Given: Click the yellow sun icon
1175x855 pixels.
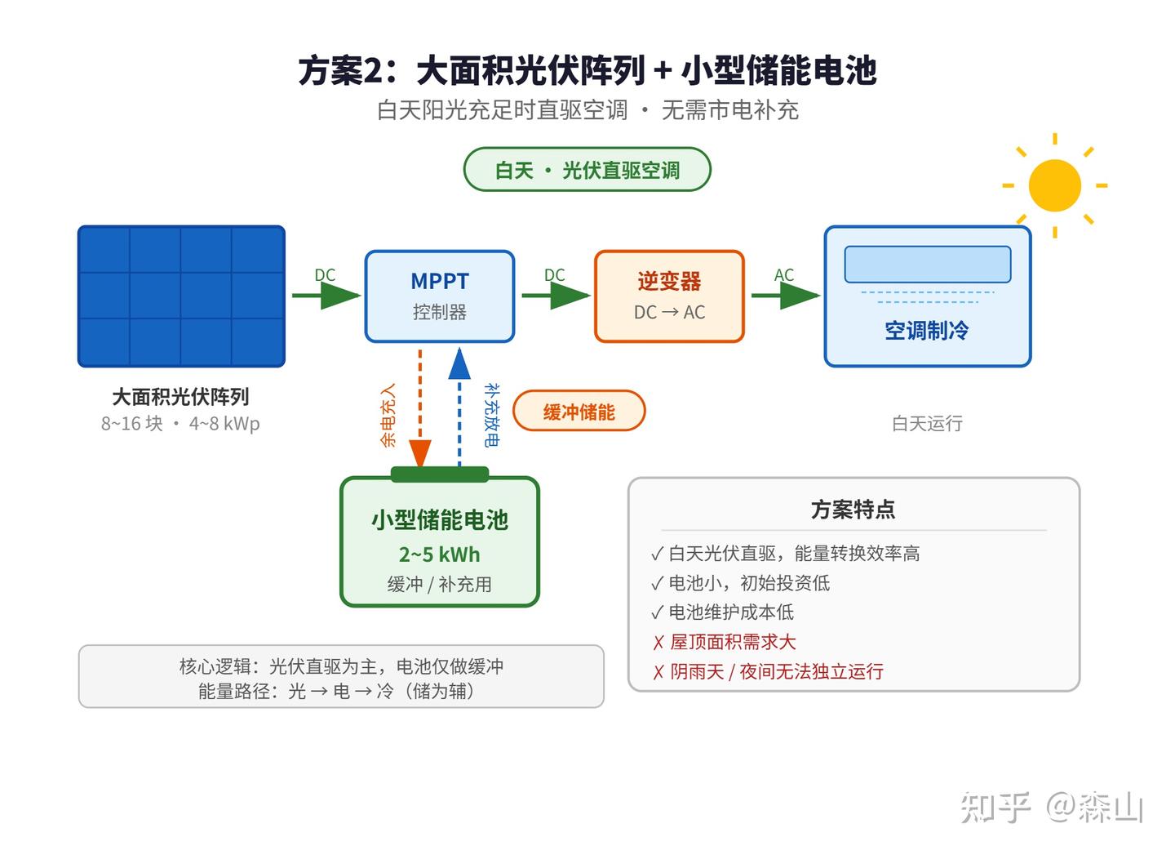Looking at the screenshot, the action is (x=1054, y=185).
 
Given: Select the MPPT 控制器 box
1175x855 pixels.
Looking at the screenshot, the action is (x=440, y=296).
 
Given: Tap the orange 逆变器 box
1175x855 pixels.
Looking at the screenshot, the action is (x=669, y=296).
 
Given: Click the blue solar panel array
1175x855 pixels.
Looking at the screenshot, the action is (x=181, y=296).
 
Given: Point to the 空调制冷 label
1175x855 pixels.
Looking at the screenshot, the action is (x=927, y=331).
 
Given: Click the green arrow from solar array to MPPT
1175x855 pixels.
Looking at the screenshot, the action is (x=326, y=296).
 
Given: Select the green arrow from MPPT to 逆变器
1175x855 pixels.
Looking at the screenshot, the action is (x=556, y=296).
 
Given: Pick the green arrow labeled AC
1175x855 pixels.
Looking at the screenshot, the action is (x=786, y=296).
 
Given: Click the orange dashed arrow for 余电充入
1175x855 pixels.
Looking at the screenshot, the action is (x=419, y=408).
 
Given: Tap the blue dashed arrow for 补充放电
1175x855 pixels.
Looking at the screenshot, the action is (x=459, y=407).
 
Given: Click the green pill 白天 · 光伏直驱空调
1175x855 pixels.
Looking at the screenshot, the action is (x=587, y=170).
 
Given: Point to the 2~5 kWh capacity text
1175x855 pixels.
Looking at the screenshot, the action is (x=440, y=554).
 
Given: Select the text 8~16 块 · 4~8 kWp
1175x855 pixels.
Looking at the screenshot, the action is (x=180, y=424).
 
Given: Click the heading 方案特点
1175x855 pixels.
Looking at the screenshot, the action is (x=853, y=510).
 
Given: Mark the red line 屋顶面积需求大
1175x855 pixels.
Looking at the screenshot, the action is (x=725, y=642).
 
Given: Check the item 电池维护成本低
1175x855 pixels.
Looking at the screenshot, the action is (x=722, y=612).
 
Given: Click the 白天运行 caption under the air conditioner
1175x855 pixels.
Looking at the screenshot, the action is (x=928, y=424).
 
